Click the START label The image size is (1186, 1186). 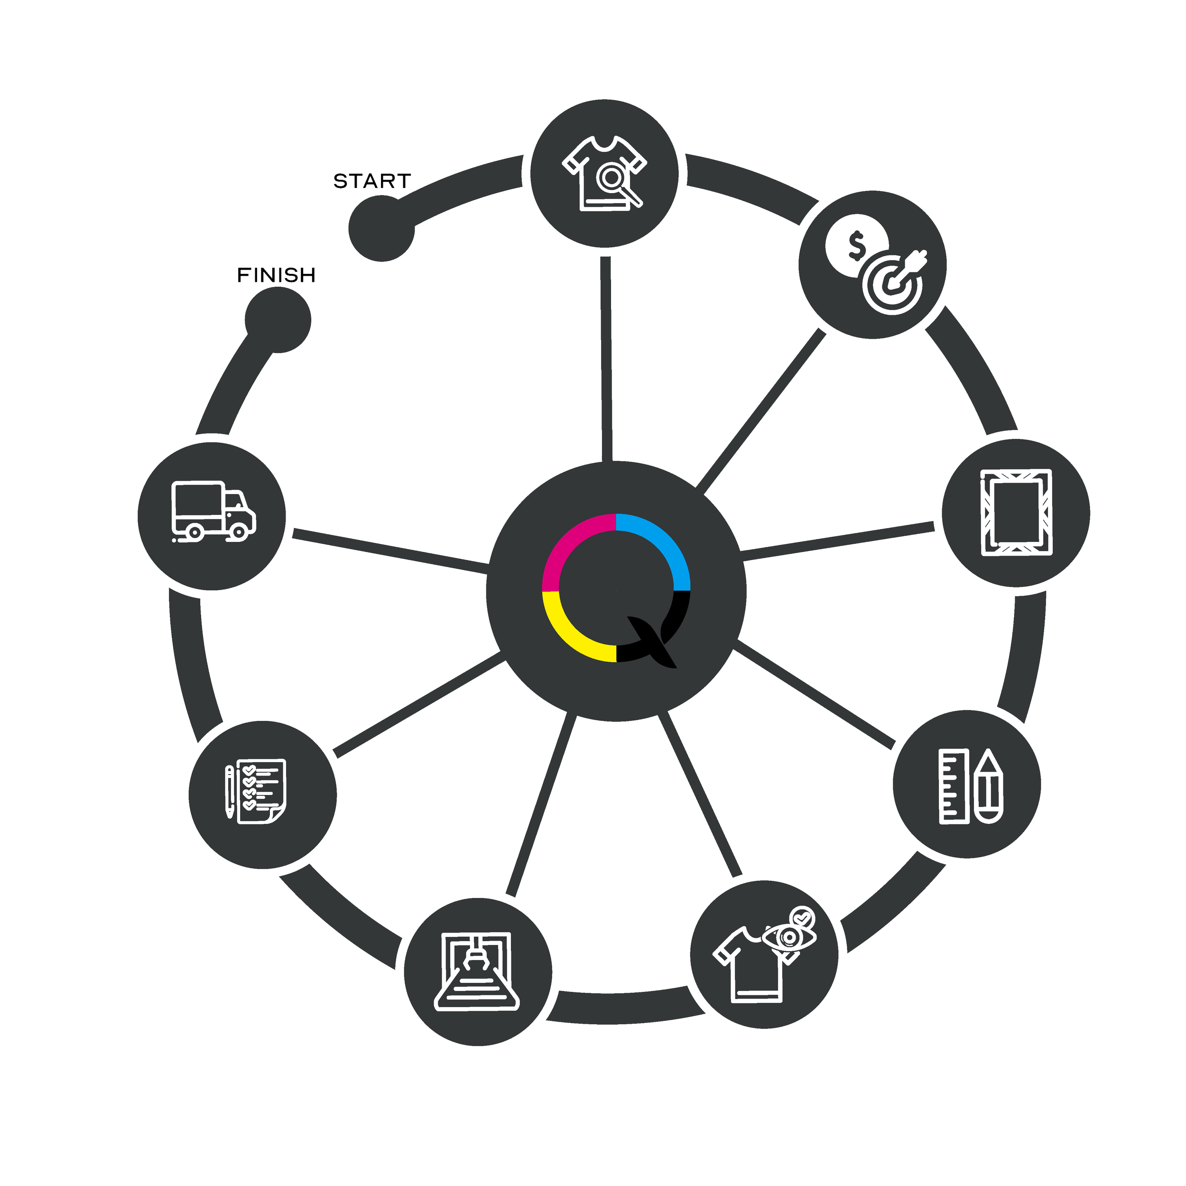(x=371, y=181)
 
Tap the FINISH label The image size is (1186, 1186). (x=277, y=276)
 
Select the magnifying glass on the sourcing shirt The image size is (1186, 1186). (x=614, y=180)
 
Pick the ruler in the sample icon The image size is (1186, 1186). (x=954, y=785)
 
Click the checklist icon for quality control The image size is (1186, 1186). (x=257, y=792)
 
